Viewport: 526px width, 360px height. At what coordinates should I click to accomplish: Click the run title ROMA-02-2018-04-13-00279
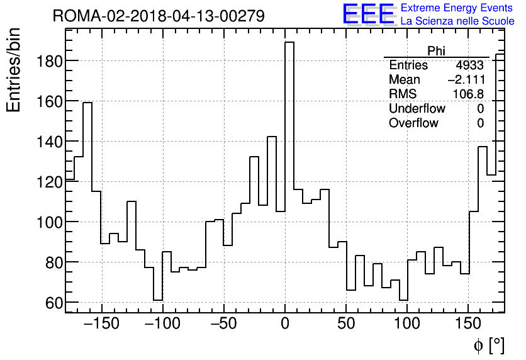pos(159,16)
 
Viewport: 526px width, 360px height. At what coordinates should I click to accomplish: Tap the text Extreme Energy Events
pos(457,8)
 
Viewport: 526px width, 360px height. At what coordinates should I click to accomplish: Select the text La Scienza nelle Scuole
pos(457,21)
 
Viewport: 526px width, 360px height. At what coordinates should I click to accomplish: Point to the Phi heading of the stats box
pos(436,51)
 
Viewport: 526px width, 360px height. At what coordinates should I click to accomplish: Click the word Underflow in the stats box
pos(417,109)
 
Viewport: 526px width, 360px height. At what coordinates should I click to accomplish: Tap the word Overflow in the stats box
pos(413,123)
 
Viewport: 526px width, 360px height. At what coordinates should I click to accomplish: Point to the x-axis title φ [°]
pos(488,346)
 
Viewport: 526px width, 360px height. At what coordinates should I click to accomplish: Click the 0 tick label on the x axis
pos(285,325)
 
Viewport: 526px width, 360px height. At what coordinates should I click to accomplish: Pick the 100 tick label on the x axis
pos(407,325)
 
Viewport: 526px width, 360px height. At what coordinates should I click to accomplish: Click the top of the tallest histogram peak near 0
pos(289,42)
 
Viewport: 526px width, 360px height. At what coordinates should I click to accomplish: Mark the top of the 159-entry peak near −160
pos(87,103)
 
